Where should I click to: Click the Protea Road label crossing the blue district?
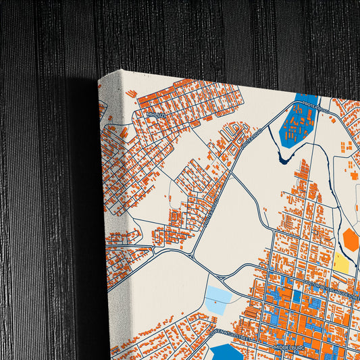[x=315, y=107]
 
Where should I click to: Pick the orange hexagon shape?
[x=351, y=239]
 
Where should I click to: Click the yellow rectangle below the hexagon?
[x=342, y=264]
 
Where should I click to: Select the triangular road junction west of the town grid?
[x=192, y=253]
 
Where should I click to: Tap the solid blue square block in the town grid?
[x=297, y=296]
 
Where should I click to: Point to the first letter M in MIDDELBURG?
[x=276, y=347]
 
